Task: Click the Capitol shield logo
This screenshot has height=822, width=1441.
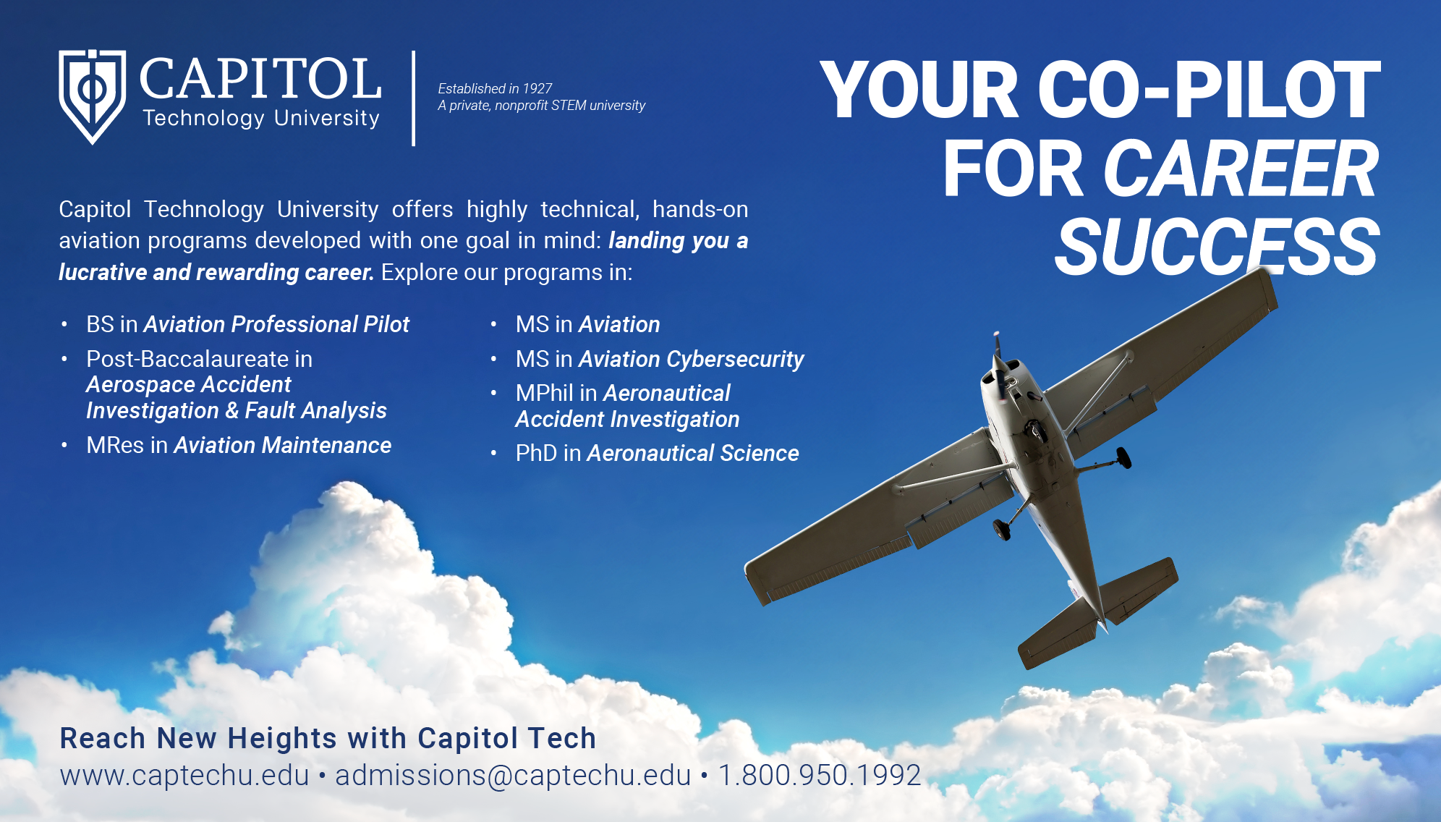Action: click(92, 96)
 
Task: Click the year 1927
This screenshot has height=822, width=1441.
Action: click(537, 88)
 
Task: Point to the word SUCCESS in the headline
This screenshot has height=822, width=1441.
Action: click(1217, 246)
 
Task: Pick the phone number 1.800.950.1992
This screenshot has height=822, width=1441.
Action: click(820, 775)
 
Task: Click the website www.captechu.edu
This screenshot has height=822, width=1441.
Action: click(184, 775)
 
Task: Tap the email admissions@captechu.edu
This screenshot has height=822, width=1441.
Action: click(513, 775)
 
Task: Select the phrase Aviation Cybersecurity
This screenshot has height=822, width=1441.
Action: click(692, 359)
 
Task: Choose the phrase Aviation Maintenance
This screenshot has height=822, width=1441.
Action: click(283, 445)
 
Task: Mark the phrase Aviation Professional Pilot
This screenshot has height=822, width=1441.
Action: click(276, 324)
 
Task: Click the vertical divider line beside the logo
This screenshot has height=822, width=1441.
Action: click(413, 98)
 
